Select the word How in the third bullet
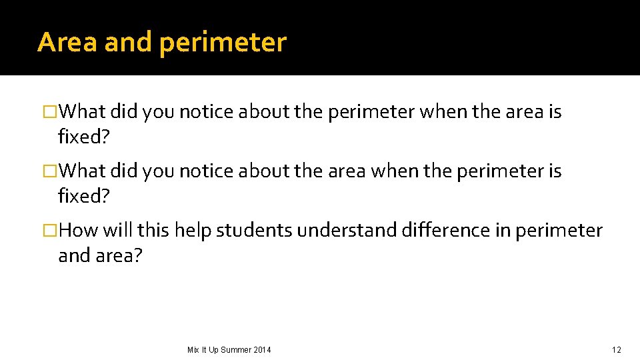pos(79,231)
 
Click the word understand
pos(347,231)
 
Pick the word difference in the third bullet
pos(439,231)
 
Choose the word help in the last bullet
pos(192,231)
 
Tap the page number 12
pos(616,350)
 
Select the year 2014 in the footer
pos(262,350)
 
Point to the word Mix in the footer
pos(193,350)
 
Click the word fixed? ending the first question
pos(83,137)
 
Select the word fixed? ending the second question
pos(83,197)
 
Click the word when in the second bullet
pos(395,171)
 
